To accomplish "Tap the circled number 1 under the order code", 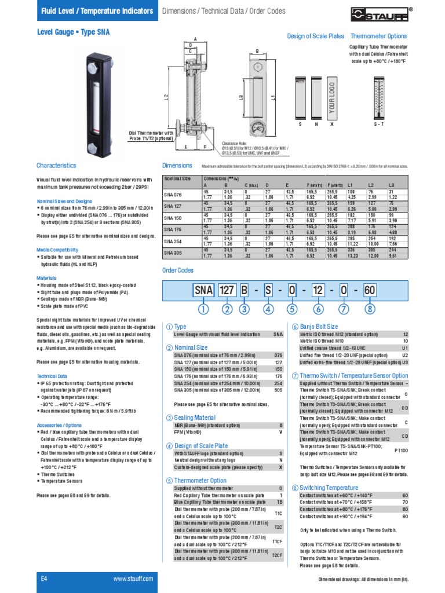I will click(203, 309).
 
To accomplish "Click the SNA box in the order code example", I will click(203, 290).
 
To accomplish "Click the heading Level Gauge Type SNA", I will click(73, 34).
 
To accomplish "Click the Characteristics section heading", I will click(56, 165).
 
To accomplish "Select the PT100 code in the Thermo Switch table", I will click(401, 449).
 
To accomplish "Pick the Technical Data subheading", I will click(53, 375).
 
